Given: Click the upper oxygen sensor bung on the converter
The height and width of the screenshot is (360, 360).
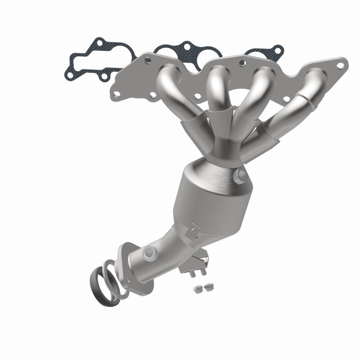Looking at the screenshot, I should coord(240,175).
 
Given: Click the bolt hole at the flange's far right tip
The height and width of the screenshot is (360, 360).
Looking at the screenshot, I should coord(340,66).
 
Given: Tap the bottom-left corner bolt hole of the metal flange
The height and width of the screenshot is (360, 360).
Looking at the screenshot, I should coord(116,95).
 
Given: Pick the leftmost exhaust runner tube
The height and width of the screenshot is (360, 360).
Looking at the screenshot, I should coord(166,90).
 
